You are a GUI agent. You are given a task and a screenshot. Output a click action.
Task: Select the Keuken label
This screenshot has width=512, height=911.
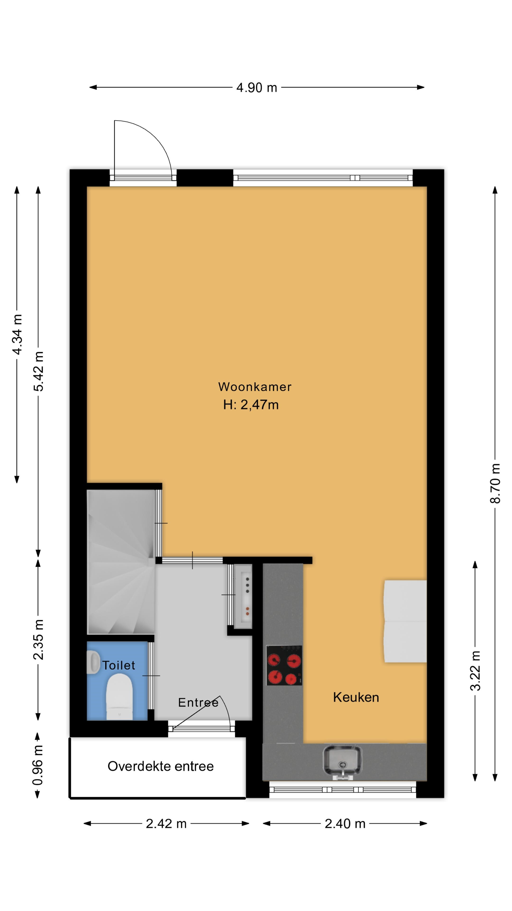click(356, 697)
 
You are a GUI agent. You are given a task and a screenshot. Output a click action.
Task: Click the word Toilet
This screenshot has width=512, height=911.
click(119, 665)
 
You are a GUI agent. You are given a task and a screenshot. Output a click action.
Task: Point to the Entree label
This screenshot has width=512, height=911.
click(198, 702)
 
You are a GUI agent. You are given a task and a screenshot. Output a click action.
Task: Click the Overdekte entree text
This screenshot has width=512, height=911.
click(161, 766)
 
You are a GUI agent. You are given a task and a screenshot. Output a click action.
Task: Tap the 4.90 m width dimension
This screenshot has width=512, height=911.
click(256, 87)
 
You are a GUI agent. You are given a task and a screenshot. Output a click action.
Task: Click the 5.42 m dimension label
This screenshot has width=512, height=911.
click(38, 371)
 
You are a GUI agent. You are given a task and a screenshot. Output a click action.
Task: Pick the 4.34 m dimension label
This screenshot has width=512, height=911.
click(17, 334)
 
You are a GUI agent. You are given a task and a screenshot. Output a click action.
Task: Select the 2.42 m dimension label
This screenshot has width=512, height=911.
click(166, 824)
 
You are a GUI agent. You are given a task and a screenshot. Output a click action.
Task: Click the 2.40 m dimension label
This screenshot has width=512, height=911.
click(345, 824)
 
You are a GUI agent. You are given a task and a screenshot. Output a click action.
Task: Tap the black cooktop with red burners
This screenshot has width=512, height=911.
click(284, 665)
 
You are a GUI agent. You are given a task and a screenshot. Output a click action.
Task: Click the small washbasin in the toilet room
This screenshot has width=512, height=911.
click(93, 662)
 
